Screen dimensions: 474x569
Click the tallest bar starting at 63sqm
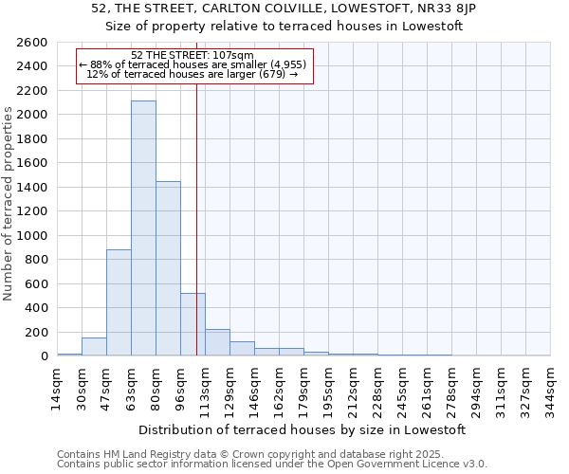tap(143, 228)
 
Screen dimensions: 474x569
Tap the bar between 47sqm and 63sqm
tap(119, 302)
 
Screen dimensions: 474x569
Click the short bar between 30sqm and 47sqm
tap(94, 347)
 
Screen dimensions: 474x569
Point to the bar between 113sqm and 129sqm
tap(217, 342)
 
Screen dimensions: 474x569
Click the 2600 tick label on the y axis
tap(32, 43)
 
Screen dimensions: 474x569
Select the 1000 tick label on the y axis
tap(32, 236)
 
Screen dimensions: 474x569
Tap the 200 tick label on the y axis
tap(36, 333)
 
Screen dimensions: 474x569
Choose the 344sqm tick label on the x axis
tap(551, 387)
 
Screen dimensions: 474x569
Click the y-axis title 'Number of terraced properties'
tap(9, 204)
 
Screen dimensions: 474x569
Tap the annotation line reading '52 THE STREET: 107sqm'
tap(193, 55)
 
